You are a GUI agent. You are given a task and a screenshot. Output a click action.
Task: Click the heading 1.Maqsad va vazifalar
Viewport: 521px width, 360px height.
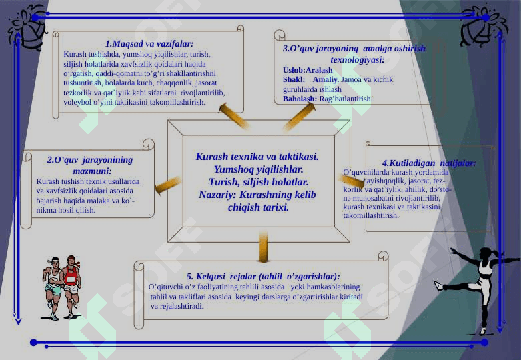[149, 43]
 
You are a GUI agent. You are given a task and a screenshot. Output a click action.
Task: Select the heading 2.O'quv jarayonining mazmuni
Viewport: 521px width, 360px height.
[90, 165]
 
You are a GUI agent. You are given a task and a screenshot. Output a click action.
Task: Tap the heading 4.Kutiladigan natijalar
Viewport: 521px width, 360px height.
[428, 163]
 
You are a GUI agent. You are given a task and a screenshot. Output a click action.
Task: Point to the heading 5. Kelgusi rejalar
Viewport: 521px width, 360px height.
[263, 275]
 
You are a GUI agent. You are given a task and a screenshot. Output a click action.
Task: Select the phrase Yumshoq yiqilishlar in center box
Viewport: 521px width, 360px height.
[256, 170]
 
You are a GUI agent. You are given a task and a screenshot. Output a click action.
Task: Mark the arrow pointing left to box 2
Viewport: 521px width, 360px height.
[168, 184]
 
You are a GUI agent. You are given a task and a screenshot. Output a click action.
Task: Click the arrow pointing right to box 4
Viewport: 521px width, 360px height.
[348, 182]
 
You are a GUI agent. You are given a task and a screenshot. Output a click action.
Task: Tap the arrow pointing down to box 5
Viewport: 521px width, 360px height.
[264, 247]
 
